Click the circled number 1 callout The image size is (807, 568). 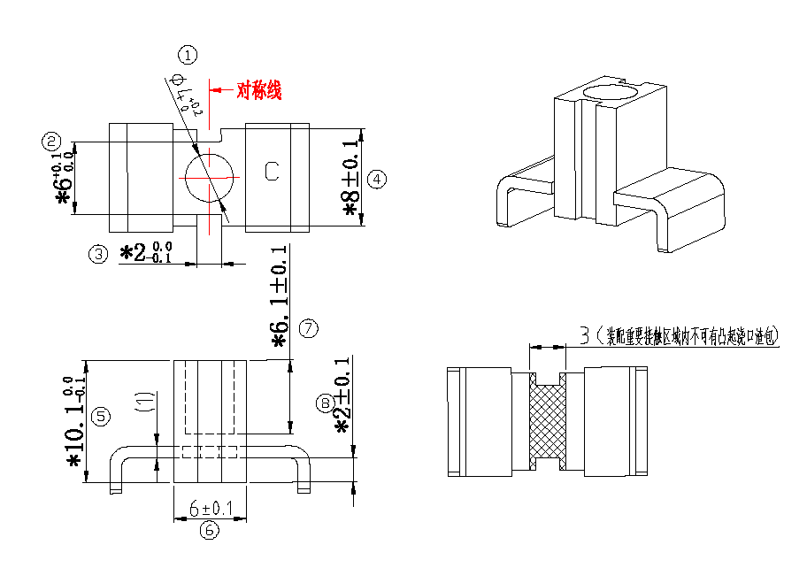pos(188,55)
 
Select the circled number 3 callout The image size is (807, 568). pos(98,254)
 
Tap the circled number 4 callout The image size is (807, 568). pos(376,179)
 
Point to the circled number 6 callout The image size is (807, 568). pos(209,530)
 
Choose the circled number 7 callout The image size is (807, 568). pos(308,328)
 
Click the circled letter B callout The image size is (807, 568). pos(325,403)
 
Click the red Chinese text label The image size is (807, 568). pos(258,90)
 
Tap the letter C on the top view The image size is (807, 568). pos(273,172)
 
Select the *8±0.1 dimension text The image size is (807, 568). pos(352,178)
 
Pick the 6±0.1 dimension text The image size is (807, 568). pos(211,509)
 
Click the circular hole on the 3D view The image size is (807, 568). pos(611,92)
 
